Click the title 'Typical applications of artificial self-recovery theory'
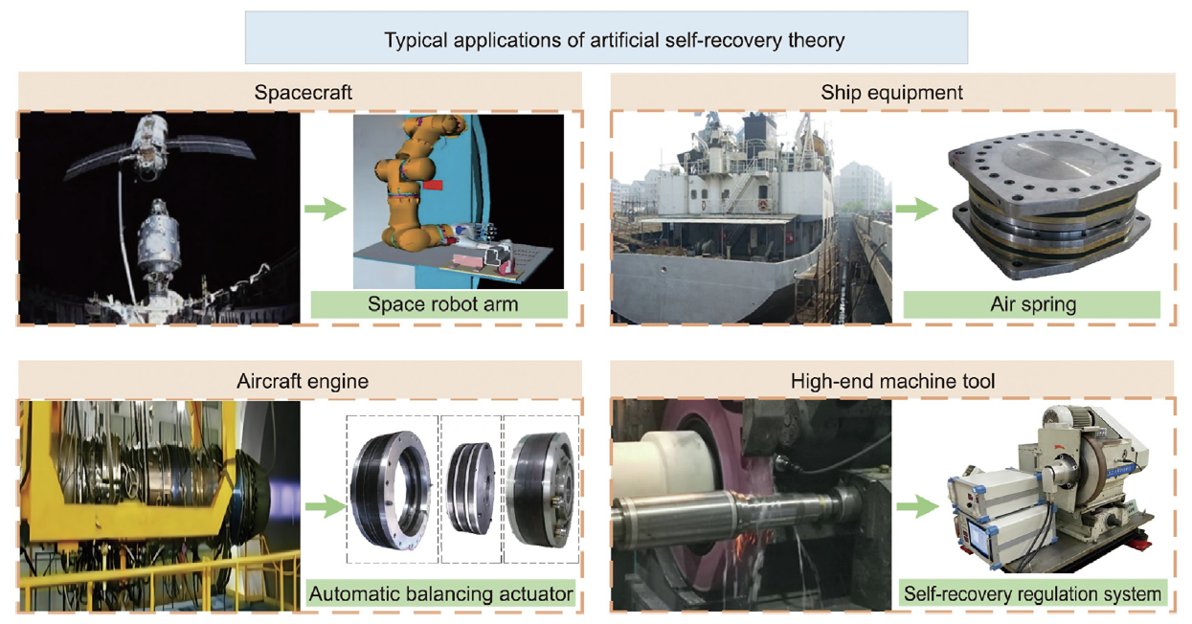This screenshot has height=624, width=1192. click(x=605, y=40)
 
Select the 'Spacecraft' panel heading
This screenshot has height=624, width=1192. click(x=304, y=93)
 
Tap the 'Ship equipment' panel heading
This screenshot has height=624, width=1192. click(x=891, y=93)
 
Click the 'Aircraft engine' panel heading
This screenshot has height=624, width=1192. click(x=303, y=381)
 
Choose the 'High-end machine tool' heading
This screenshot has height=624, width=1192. click(x=892, y=381)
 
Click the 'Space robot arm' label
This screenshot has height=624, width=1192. click(x=439, y=305)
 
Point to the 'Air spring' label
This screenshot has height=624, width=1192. click(x=1031, y=305)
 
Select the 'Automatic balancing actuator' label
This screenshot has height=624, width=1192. click(x=441, y=594)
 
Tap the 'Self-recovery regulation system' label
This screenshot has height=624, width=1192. click(x=1032, y=594)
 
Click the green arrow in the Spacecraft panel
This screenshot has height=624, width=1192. click(x=326, y=210)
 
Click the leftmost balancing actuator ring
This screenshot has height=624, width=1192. click(x=389, y=488)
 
